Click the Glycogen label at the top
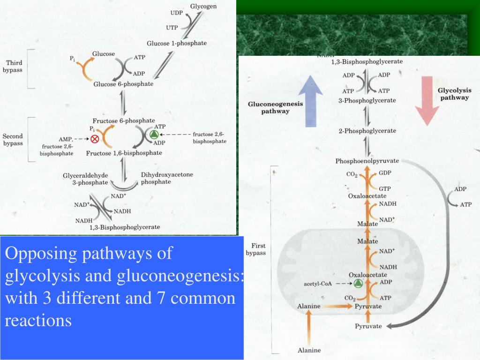206,7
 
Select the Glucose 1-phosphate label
176,43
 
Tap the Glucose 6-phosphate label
123,84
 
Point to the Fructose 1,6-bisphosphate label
124,153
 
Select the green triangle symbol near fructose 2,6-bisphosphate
154,135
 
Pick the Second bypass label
13,140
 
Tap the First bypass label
258,249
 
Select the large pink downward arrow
427,99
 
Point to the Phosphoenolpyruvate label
367,161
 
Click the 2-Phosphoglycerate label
367,131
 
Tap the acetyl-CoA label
318,284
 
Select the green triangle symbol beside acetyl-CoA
359,283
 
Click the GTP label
385,188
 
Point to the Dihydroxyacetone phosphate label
166,178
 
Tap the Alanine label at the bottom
309,350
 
